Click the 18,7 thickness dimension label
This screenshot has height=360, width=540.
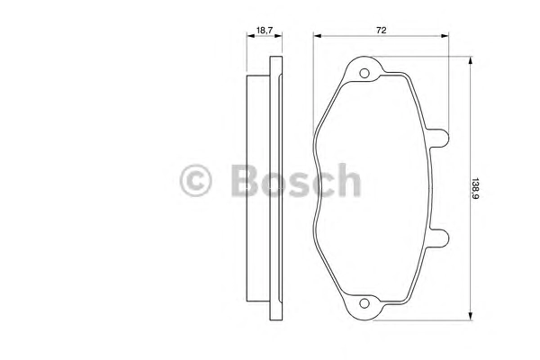(264, 31)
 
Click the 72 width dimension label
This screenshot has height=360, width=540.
(381, 31)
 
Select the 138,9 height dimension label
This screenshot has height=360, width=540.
(475, 189)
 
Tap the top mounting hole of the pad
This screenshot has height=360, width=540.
(364, 73)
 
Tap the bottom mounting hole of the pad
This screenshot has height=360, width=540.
(364, 303)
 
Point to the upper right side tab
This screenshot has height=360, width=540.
(439, 138)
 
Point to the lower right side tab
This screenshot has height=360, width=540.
(439, 238)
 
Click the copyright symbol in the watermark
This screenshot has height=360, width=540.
(195, 181)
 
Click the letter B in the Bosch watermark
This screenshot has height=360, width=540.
(245, 181)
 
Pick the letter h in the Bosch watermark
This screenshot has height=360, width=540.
(348, 180)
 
